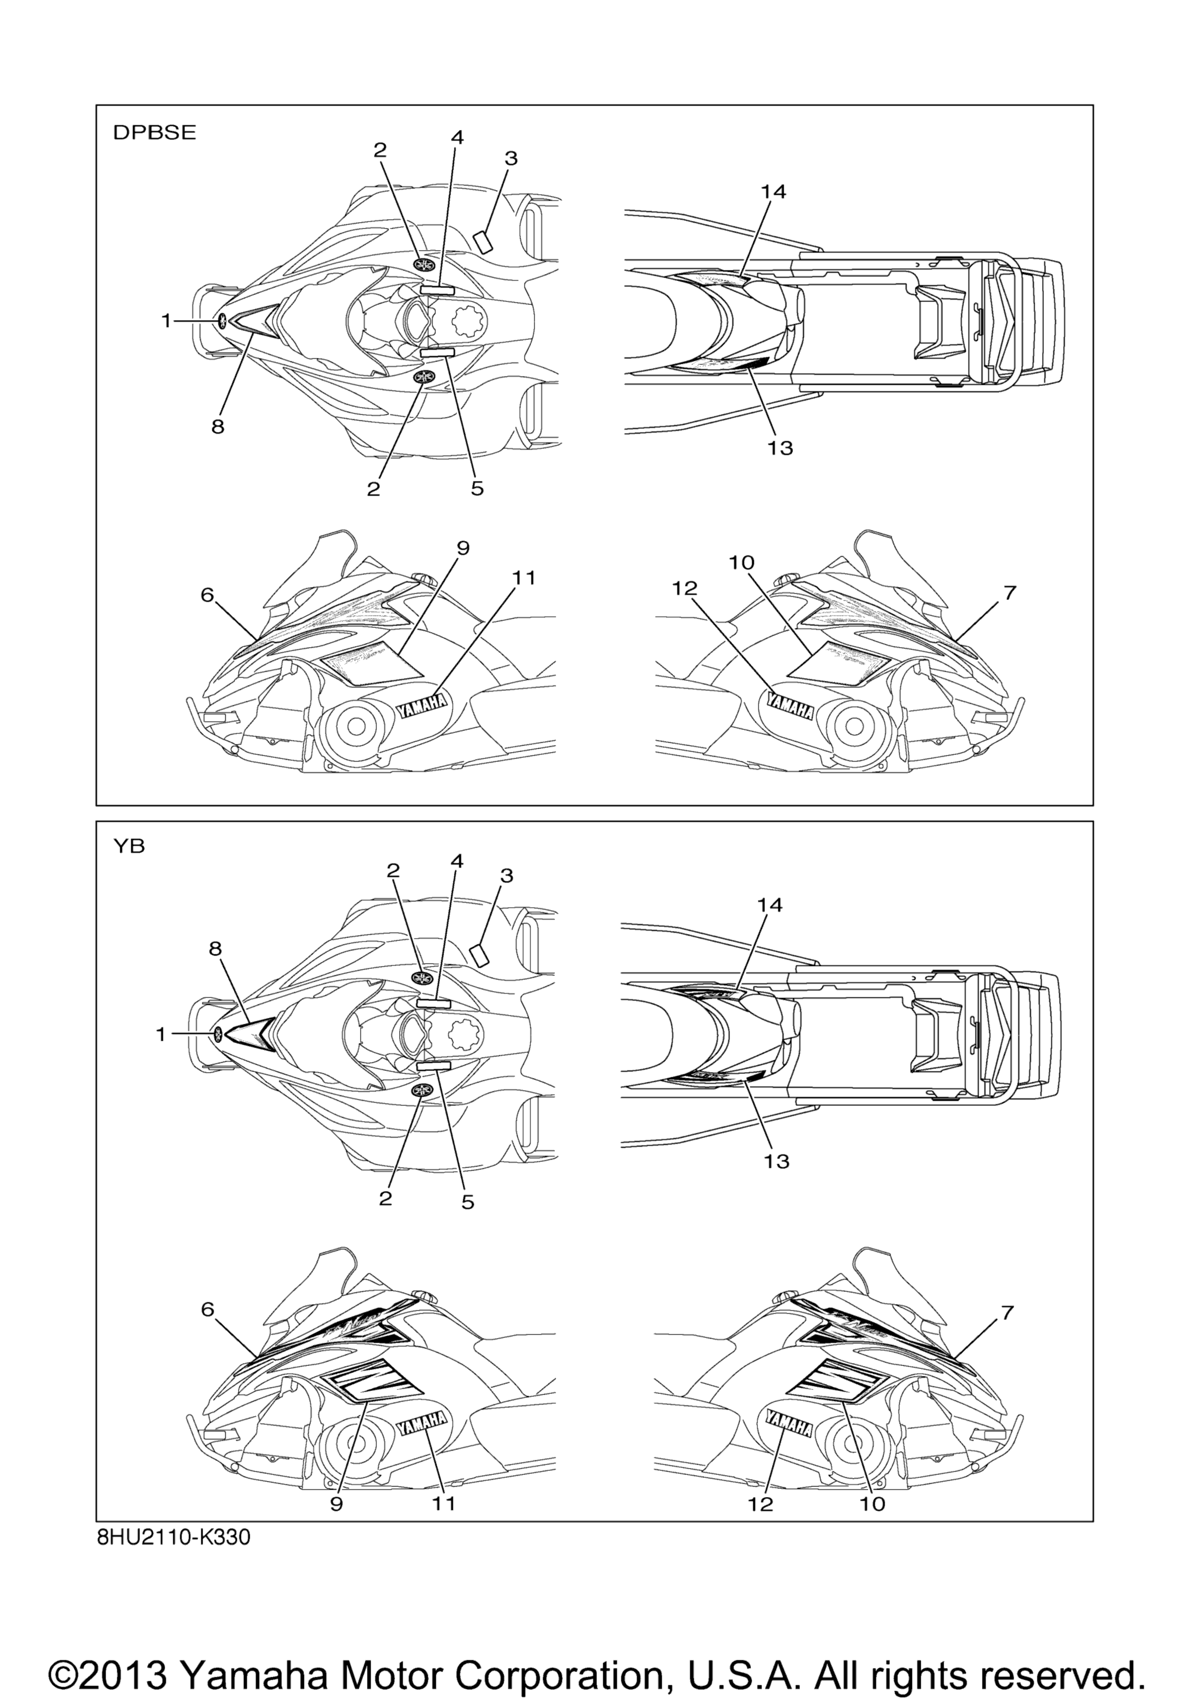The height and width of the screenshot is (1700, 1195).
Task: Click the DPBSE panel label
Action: (154, 132)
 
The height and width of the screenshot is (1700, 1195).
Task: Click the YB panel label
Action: (129, 847)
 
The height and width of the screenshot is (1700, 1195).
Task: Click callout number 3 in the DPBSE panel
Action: (511, 159)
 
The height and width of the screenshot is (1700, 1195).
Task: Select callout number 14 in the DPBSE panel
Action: (773, 192)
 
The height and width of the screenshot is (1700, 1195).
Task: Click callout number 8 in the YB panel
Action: (215, 949)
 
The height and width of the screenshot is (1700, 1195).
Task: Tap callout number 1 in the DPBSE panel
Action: (167, 321)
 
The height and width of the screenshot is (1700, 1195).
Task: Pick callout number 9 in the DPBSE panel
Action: (463, 548)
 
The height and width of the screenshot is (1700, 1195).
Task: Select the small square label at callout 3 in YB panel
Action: (481, 955)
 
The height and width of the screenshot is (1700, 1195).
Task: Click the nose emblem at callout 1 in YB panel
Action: (219, 1034)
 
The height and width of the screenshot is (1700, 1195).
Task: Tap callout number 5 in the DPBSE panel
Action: (477, 489)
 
